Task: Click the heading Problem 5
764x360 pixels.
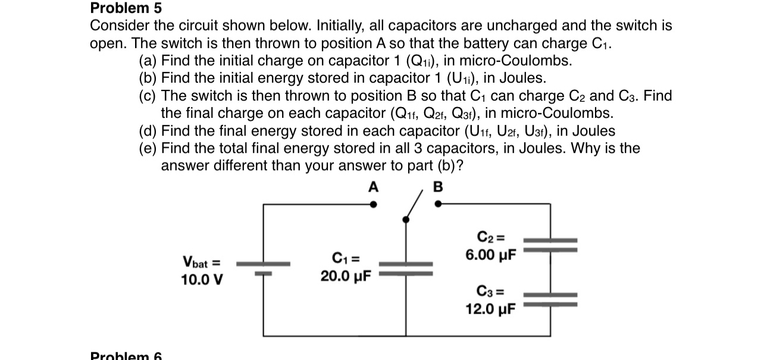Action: pos(126,8)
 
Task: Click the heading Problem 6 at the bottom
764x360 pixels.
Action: pos(126,356)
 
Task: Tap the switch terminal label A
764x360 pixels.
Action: pos(373,187)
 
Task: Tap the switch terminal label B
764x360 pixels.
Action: pos(439,187)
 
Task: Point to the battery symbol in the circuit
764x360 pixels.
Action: pos(264,268)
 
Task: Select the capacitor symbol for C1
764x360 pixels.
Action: pos(406,268)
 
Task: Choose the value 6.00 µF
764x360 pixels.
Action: pos(491,255)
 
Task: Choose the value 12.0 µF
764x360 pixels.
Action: pos(491,309)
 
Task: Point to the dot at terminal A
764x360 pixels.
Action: pos(373,204)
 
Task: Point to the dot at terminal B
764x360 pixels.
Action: pos(439,204)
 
